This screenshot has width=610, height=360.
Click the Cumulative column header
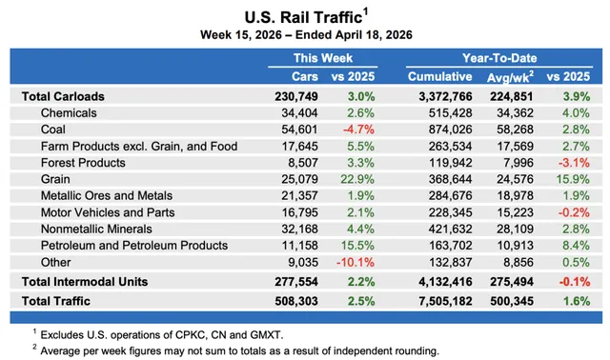click(440, 75)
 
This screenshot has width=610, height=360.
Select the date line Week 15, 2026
click(304, 34)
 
